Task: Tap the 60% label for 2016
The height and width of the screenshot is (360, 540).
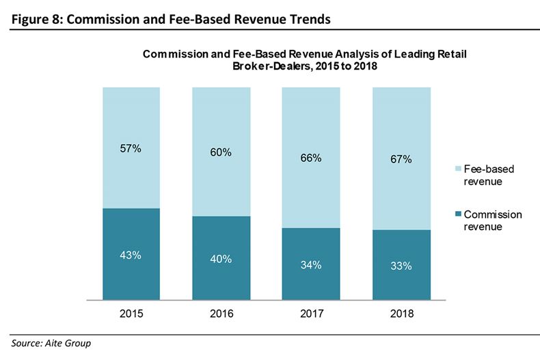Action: pos(220,152)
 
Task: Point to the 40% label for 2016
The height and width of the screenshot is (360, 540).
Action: pos(220,259)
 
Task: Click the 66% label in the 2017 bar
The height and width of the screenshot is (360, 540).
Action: pos(310,158)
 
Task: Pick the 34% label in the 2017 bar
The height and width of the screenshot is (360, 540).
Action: pos(310,265)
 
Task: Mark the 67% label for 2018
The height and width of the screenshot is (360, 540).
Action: pos(401,159)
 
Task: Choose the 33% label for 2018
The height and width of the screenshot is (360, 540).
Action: pos(401,266)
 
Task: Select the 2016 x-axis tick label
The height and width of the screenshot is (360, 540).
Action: pos(220,314)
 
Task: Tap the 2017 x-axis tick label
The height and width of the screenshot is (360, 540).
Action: pos(310,314)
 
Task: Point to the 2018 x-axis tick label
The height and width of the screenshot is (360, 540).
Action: pos(401,314)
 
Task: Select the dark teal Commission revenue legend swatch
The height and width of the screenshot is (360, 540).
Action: pos(456,214)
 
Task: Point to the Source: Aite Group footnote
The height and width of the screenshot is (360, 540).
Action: pos(51,344)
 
